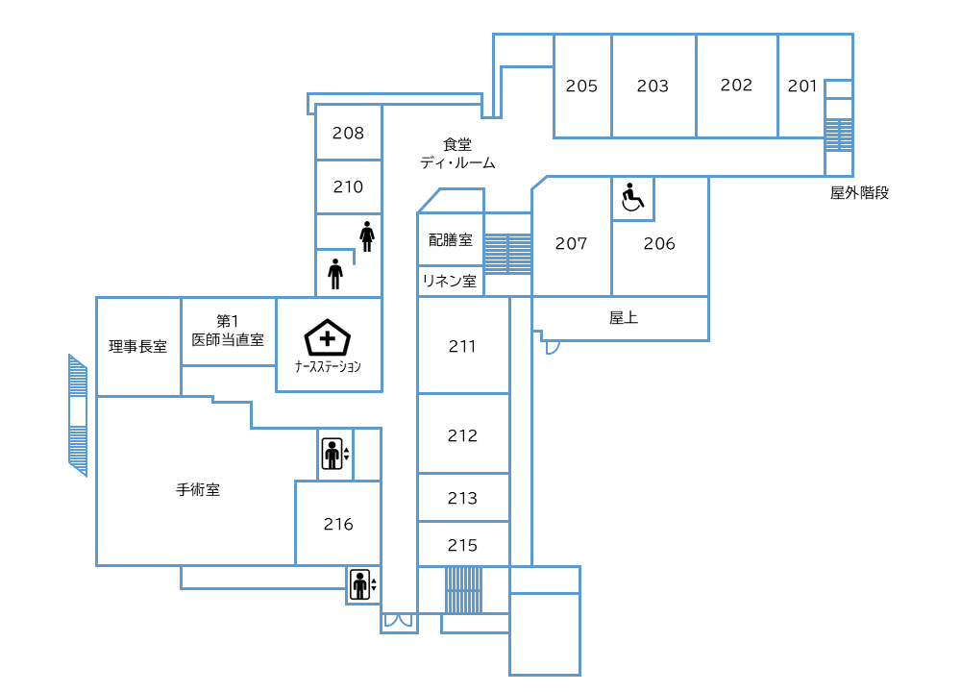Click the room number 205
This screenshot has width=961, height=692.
(581, 86)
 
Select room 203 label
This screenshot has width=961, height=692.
(653, 86)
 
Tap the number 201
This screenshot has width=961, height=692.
(802, 86)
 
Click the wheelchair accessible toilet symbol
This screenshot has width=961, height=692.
(632, 198)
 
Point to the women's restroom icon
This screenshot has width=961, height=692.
(366, 235)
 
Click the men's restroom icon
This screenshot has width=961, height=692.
(334, 274)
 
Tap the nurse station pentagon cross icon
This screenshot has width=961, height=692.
(328, 338)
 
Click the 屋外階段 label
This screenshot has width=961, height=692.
(859, 192)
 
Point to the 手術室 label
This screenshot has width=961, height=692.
(198, 489)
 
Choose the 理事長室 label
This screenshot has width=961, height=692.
(138, 347)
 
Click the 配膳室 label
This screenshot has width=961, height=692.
(450, 240)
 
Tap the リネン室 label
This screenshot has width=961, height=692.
(450, 282)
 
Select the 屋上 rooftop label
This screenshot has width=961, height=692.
(624, 317)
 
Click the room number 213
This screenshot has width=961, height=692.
(462, 498)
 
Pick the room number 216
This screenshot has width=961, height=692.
(338, 524)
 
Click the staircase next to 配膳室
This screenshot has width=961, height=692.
(507, 253)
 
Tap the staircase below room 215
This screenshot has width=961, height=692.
(463, 589)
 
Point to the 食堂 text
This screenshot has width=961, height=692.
(457, 144)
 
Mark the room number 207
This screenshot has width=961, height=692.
(571, 243)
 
